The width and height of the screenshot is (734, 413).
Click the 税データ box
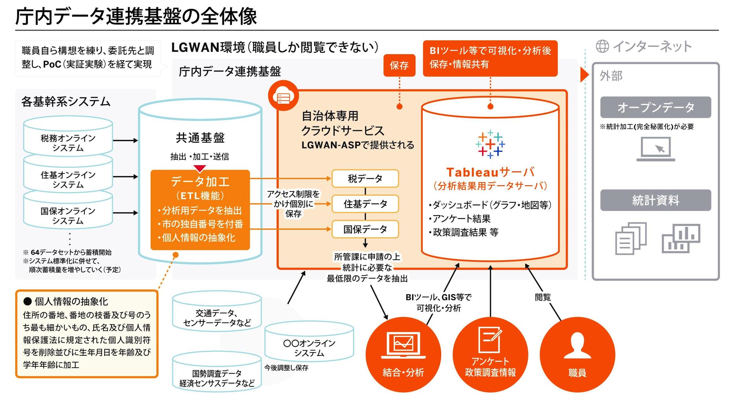(365, 178)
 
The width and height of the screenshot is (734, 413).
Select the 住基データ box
(365, 204)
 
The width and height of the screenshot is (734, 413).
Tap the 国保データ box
(365, 229)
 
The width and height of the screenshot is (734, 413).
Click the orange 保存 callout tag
(399, 65)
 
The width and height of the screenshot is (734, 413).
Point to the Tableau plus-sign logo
(490, 144)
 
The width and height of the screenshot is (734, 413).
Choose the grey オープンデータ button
(655, 107)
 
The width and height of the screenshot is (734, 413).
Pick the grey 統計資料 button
(655, 200)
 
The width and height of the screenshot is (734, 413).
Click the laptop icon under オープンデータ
(655, 149)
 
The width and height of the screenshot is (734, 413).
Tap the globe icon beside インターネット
(602, 46)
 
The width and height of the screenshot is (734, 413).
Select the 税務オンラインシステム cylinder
(68, 137)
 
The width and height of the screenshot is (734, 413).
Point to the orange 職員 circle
(577, 355)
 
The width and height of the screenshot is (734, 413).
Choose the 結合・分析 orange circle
(403, 355)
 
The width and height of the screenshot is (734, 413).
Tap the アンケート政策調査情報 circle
(490, 355)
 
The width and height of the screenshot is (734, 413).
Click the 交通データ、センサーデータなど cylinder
(217, 312)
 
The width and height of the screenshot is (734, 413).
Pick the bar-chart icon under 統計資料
(681, 239)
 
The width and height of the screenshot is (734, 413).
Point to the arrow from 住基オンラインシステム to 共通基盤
(126, 177)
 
